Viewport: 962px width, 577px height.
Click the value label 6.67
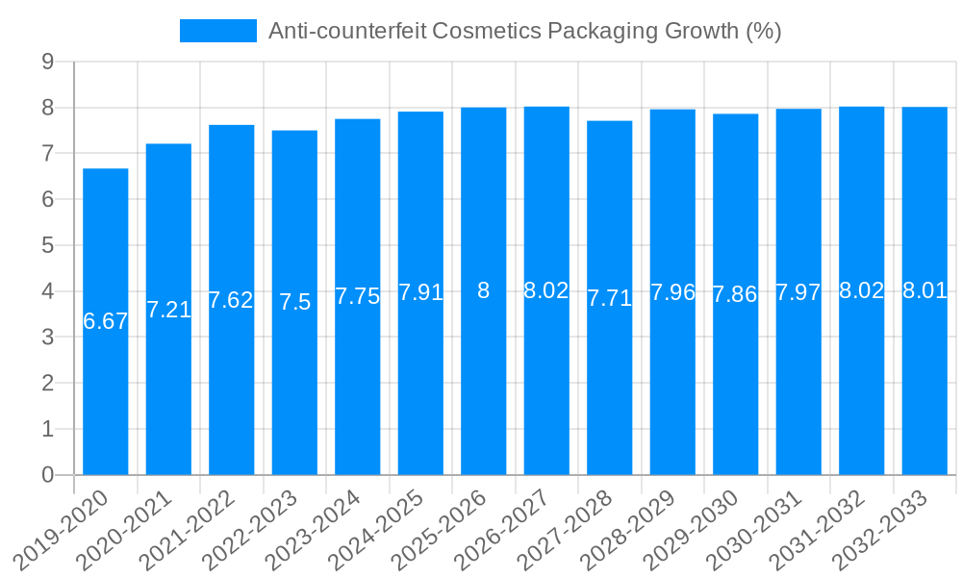click(x=106, y=322)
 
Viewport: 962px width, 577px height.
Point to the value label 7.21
click(x=168, y=310)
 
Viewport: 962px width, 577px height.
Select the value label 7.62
click(x=231, y=300)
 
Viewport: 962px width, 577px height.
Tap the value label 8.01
click(x=924, y=290)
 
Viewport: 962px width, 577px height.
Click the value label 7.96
click(x=672, y=292)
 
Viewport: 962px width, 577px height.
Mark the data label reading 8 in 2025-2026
click(x=484, y=290)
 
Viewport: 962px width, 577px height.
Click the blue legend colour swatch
click(x=218, y=31)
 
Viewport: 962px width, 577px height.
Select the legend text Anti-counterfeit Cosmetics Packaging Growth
click(x=524, y=31)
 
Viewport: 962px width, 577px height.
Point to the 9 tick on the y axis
click(x=47, y=62)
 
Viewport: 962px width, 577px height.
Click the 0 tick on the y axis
click(x=47, y=475)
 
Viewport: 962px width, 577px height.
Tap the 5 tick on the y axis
click(x=47, y=245)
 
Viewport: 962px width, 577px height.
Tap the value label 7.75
click(x=358, y=296)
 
